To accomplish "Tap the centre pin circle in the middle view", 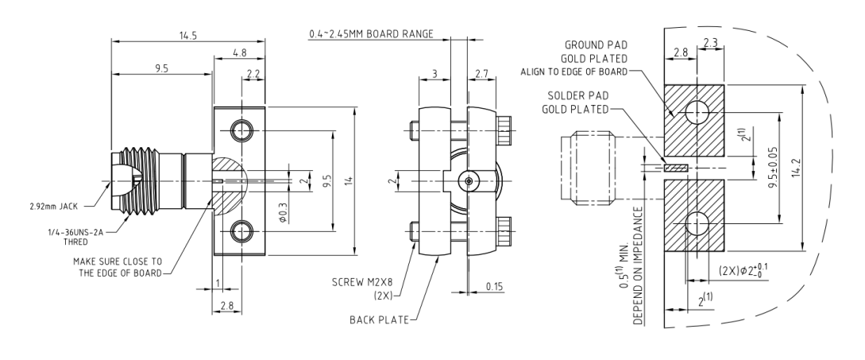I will pos(469,181).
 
